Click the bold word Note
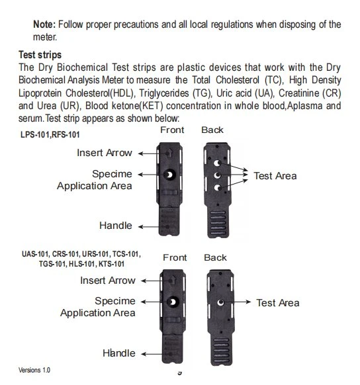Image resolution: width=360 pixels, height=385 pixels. point(44,24)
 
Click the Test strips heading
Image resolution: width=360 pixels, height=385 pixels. point(40,55)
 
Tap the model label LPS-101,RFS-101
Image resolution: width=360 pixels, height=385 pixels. point(50,134)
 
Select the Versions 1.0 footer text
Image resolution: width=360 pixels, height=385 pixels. point(34,370)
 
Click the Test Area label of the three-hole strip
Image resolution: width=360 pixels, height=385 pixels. point(275,176)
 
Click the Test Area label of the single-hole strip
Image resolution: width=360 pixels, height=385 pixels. point(278,303)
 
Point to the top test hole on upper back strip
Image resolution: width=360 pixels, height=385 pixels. point(217,163)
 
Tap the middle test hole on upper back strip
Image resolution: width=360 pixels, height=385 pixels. point(217,175)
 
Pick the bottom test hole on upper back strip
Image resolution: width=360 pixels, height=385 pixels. point(217,188)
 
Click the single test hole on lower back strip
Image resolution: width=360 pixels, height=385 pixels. point(220,302)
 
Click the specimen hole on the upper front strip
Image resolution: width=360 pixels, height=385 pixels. point(169,175)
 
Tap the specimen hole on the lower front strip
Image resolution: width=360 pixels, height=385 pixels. point(173,302)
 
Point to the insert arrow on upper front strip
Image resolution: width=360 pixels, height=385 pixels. point(169,153)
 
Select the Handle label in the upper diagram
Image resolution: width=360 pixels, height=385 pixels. point(116,226)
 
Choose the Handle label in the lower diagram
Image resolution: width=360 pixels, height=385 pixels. point(119,353)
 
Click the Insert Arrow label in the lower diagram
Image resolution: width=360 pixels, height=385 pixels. point(108,280)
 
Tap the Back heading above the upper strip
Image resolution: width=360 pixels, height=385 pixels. point(212,130)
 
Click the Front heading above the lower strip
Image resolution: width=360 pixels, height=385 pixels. point(175,257)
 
